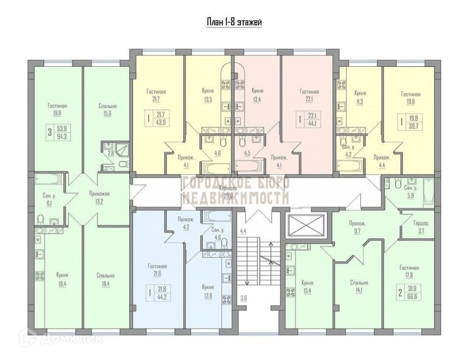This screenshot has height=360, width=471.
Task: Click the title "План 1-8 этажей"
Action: click(x=234, y=22)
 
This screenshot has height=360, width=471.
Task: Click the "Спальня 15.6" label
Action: click(x=108, y=110)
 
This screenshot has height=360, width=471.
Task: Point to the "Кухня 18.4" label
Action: click(x=63, y=280)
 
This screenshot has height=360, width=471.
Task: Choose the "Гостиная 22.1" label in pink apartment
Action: click(x=309, y=96)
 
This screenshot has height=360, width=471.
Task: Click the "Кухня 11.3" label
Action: click(x=360, y=97)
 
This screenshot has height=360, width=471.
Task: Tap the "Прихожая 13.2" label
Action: click(x=99, y=198)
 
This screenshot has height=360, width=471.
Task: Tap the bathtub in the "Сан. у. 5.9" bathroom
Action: click(x=428, y=192)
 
